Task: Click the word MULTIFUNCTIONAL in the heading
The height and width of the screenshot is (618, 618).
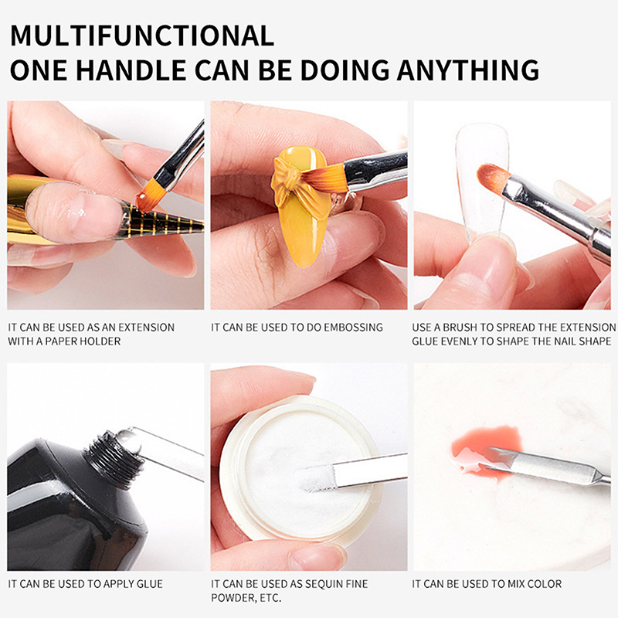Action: pyautogui.click(x=142, y=36)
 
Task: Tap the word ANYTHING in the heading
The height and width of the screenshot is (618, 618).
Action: pyautogui.click(x=468, y=70)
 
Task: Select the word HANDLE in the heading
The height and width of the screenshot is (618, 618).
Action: pyautogui.click(x=131, y=70)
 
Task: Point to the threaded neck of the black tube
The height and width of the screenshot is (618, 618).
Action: pyautogui.click(x=114, y=457)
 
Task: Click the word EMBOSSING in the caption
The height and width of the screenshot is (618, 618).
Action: pyautogui.click(x=354, y=327)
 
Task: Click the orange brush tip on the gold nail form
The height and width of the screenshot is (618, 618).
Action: pyautogui.click(x=150, y=196)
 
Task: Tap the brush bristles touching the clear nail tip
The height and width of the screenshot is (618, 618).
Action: pyautogui.click(x=494, y=177)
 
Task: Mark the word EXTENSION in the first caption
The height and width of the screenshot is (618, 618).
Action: pyautogui.click(x=146, y=327)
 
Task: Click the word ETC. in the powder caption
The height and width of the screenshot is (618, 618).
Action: pyautogui.click(x=270, y=598)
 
